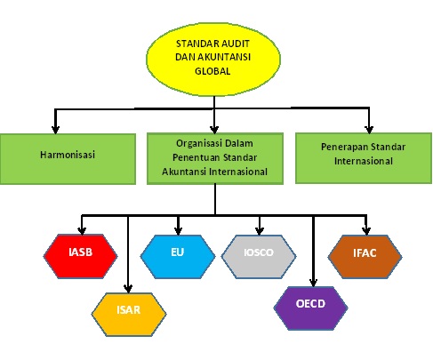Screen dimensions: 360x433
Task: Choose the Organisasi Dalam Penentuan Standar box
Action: [x=214, y=156]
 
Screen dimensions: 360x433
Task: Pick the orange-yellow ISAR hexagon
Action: [x=130, y=309]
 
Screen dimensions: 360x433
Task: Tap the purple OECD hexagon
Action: [x=310, y=304]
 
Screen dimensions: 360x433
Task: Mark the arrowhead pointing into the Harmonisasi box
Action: [x=55, y=127]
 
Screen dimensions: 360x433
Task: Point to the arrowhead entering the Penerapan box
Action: [x=369, y=125]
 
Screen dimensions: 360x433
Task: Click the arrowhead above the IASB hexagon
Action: [x=82, y=227]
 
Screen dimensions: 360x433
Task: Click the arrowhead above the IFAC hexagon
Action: [x=365, y=227]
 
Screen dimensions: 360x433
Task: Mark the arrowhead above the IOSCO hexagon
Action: [x=258, y=227]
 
